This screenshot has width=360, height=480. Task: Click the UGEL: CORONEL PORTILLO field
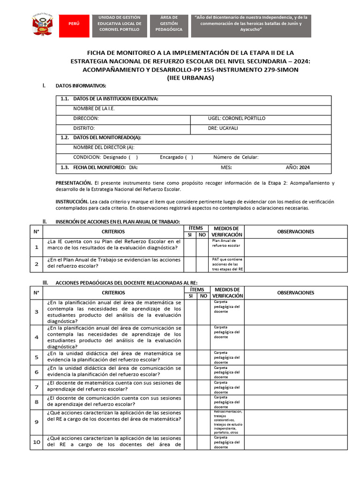[236, 119]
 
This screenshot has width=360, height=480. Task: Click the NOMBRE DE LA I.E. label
[94, 109]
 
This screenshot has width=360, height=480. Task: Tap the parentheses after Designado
[133, 157]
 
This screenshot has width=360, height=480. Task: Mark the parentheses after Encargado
[189, 157]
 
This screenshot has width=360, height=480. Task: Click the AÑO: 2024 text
[298, 167]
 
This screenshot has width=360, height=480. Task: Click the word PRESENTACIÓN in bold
[74, 183]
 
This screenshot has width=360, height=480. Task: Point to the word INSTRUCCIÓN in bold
[73, 202]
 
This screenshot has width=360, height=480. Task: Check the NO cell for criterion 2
[202, 264]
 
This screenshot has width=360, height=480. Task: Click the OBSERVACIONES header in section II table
[295, 232]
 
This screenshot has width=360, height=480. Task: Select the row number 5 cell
[37, 357]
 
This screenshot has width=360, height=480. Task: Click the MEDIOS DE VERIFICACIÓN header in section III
[227, 292]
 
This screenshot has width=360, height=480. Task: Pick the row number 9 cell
[37, 422]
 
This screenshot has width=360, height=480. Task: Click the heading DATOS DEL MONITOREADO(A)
[107, 138]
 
